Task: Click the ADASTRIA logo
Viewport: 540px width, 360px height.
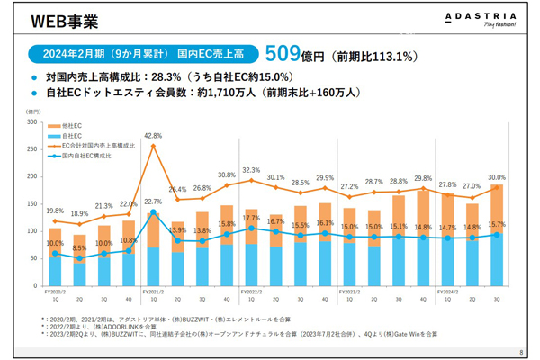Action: point(485,19)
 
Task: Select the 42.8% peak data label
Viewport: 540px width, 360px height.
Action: point(152,136)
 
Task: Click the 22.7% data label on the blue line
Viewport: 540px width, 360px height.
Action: point(152,202)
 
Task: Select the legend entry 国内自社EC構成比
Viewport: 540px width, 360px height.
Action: point(90,155)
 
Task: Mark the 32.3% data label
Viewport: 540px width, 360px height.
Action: point(251,170)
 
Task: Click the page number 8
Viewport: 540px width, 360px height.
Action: point(521,351)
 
